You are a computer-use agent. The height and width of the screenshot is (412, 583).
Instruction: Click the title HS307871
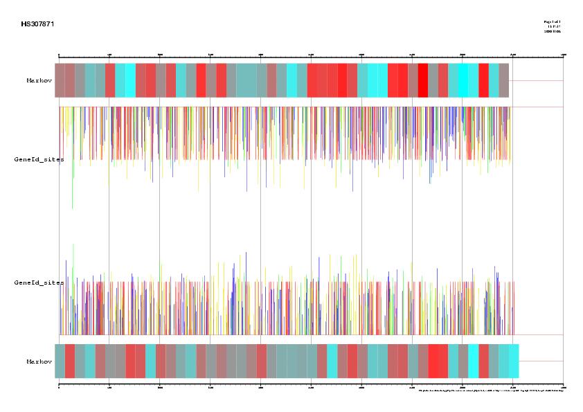37,24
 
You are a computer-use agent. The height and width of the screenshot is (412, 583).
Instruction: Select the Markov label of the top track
39,80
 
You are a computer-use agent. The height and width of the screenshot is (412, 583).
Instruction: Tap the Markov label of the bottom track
39,361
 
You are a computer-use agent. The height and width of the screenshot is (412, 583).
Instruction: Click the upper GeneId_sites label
39,159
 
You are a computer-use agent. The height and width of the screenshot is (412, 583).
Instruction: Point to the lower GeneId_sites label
39,283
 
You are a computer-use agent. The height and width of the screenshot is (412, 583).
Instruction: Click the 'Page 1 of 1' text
552,22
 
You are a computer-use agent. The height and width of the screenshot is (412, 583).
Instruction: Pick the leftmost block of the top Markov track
60,80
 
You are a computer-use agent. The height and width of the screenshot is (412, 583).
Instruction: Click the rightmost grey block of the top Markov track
504,80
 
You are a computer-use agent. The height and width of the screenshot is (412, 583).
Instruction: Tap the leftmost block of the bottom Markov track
60,361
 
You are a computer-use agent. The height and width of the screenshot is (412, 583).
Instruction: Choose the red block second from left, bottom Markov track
70,361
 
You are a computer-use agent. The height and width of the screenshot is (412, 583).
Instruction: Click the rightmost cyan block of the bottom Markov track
513,361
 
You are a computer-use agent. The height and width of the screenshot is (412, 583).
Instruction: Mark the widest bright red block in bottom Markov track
438,361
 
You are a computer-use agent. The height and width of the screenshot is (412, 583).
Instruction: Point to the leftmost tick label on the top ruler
59,53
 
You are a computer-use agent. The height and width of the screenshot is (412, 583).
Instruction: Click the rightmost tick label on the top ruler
563,53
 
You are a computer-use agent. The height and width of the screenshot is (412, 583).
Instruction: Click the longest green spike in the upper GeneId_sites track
73,187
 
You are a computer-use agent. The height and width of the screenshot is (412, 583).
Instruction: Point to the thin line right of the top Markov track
536,80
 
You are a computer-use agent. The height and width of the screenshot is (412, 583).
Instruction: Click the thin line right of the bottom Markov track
541,361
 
